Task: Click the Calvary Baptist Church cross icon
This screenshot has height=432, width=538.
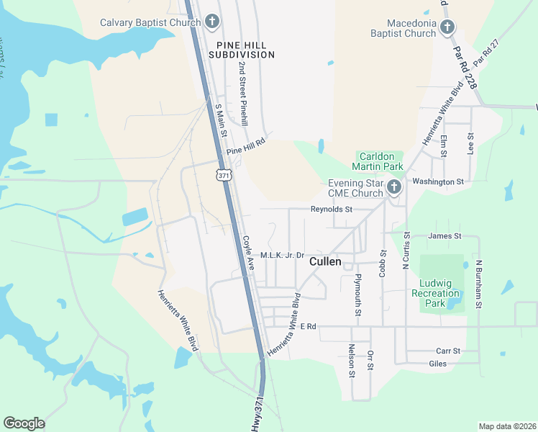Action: coord(211,22)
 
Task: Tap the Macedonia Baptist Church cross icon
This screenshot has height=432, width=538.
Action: coord(447,28)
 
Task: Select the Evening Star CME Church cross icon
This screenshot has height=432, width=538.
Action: coord(393,188)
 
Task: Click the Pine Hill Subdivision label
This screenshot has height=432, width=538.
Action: coord(242,49)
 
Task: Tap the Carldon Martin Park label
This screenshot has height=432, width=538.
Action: coord(381,161)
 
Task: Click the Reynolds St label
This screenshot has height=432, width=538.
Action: coord(332,210)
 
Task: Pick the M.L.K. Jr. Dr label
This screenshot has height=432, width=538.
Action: coord(283,256)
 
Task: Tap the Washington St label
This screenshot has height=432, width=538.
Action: coord(438,182)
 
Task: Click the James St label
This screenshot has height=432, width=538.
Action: coord(444,236)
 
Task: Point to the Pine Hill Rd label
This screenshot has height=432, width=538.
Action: coord(246,146)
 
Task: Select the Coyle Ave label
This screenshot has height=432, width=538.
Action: coord(248,253)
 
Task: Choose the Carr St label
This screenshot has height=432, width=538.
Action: coord(447,351)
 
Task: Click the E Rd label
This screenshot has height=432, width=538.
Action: coord(309,327)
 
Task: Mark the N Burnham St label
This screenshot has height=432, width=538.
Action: coord(478,286)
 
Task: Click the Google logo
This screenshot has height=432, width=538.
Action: coord(24,423)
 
